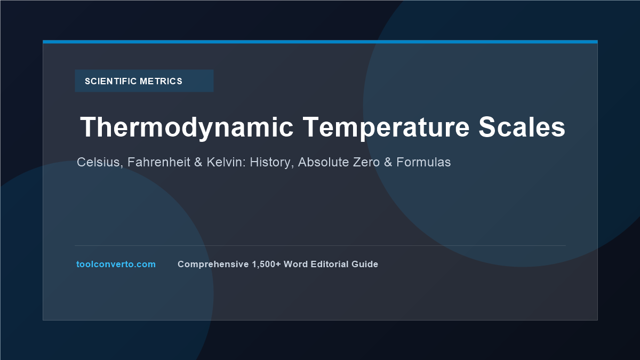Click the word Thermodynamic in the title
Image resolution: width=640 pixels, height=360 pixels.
pos(187,128)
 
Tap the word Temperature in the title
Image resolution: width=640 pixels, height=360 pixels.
pos(386,128)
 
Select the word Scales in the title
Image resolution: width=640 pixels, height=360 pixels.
pos(522,127)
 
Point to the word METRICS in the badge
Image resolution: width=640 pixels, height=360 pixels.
pos(161,81)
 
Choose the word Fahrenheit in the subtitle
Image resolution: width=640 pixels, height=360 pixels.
pos(159,162)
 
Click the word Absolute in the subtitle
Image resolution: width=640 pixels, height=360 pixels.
pos(323,162)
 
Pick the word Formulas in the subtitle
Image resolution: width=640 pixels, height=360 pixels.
pos(423,162)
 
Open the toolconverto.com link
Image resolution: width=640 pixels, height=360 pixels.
pos(116,265)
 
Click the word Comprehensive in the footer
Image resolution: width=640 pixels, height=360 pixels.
pos(213,265)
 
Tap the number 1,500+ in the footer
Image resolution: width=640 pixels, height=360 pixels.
pos(266,265)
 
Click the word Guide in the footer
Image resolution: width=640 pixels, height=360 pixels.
pos(365,265)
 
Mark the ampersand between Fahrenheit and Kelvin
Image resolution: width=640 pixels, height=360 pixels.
pos(198,162)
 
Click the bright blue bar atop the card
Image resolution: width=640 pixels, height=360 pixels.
pos(320,42)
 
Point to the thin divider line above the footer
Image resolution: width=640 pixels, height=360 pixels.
pos(320,245)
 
